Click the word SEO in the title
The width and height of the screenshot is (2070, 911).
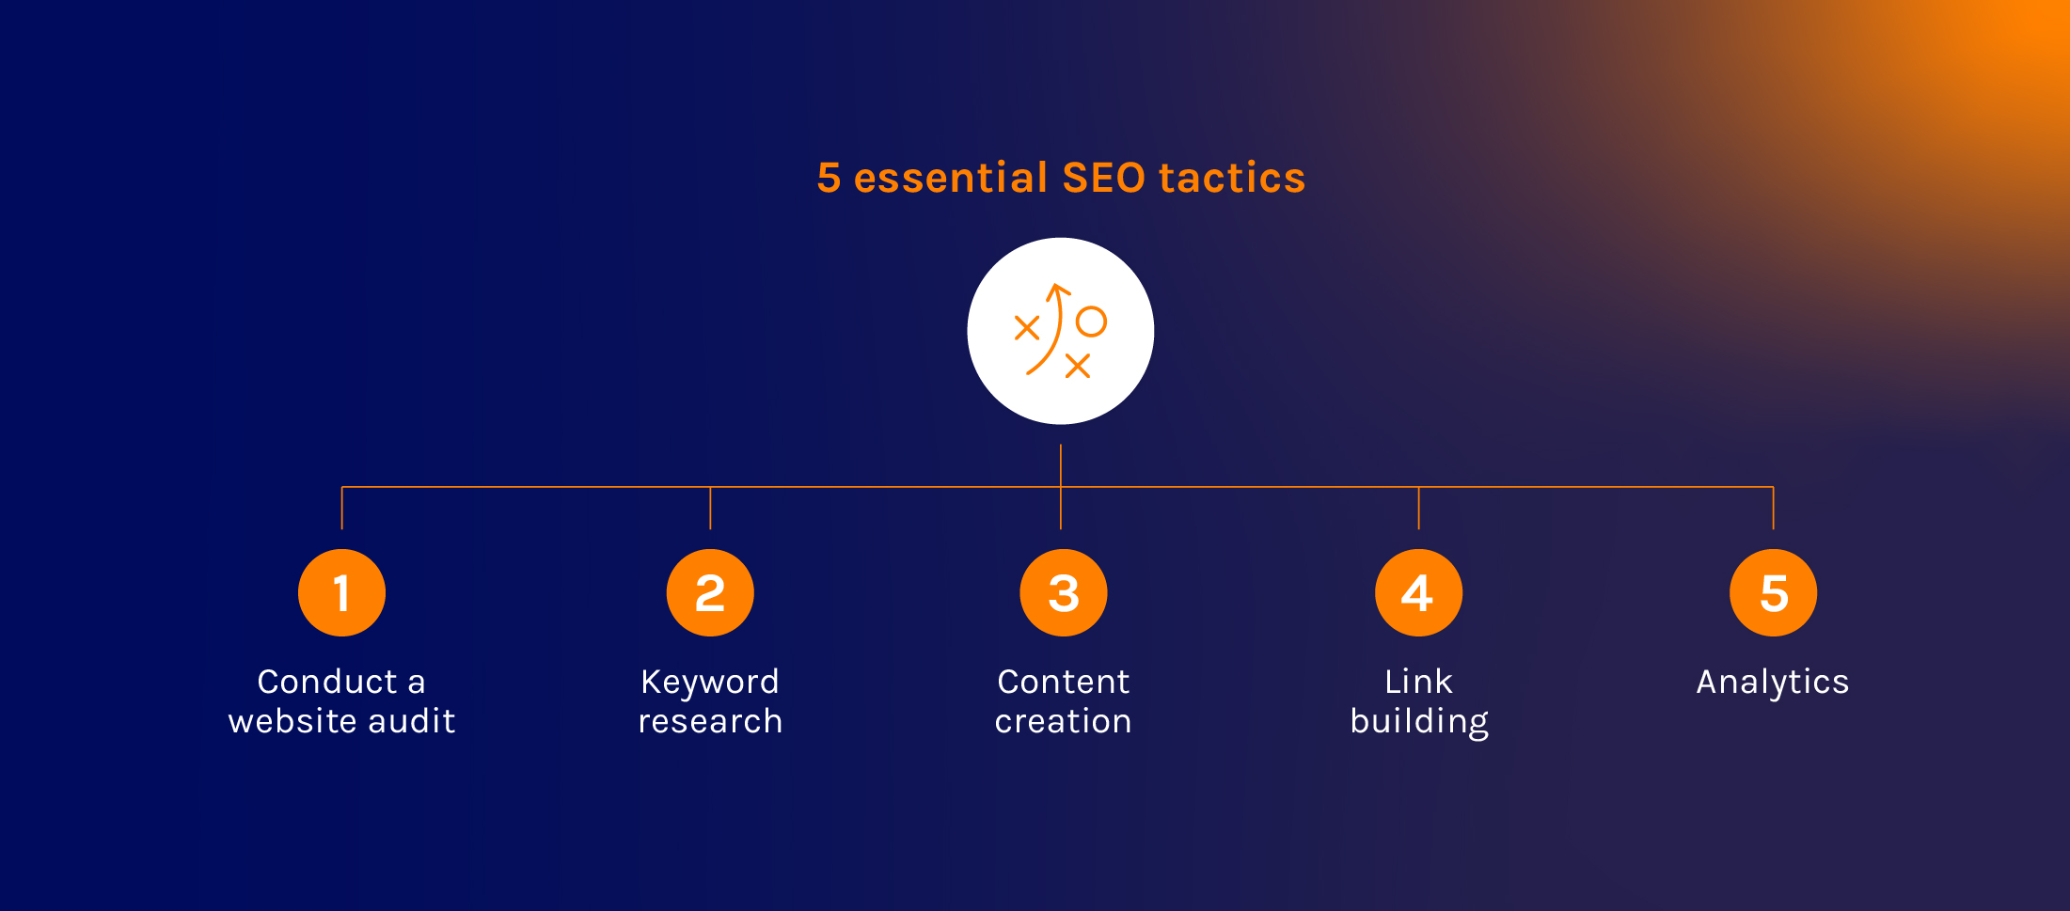(x=1104, y=178)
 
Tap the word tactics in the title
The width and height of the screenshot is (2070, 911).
(x=1232, y=178)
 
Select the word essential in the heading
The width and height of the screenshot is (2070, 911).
(x=950, y=178)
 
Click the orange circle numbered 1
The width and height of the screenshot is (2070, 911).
(x=341, y=593)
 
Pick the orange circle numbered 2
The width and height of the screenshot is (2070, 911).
(x=710, y=593)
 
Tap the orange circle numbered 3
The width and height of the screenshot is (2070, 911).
(x=1064, y=593)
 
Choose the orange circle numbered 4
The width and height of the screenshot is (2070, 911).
(x=1418, y=593)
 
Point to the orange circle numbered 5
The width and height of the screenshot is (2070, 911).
(x=1773, y=593)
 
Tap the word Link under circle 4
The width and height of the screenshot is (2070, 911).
(x=1418, y=682)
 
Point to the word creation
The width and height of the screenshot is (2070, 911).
(x=1064, y=722)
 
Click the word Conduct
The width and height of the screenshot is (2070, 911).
(x=327, y=682)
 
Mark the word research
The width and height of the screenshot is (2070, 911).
(x=710, y=722)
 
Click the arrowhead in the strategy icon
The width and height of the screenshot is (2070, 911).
(x=1059, y=291)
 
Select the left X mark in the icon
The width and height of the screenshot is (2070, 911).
(x=1027, y=328)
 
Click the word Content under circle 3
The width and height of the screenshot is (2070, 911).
(x=1064, y=682)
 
